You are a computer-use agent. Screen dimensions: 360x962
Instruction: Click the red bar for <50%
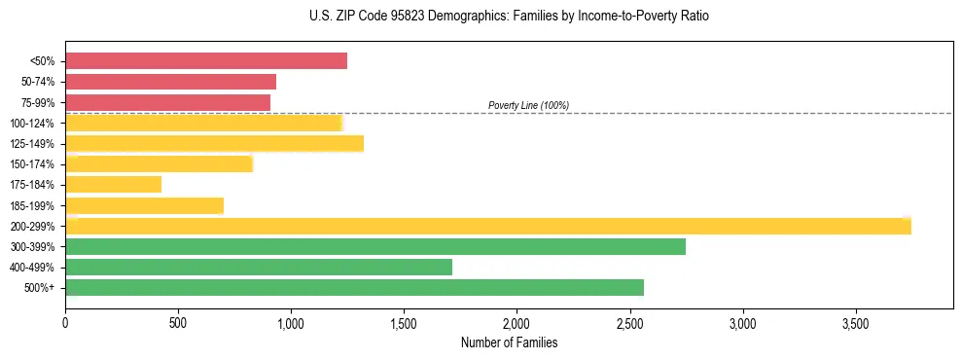pyautogui.click(x=205, y=61)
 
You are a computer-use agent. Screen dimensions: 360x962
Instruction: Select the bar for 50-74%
pyautogui.click(x=170, y=82)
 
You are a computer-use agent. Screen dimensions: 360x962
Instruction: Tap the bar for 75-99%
pyautogui.click(x=167, y=102)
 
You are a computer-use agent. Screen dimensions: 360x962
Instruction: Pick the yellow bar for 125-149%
pyautogui.click(x=214, y=144)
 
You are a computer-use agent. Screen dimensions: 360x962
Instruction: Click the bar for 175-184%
pyautogui.click(x=113, y=185)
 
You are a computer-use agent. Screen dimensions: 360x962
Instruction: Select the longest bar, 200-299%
pyautogui.click(x=487, y=227)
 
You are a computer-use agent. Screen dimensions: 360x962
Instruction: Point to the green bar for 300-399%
pyautogui.click(x=374, y=247)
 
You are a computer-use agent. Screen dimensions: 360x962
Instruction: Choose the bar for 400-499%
pyautogui.click(x=258, y=268)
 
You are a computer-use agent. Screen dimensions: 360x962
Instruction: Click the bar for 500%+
pyautogui.click(x=354, y=288)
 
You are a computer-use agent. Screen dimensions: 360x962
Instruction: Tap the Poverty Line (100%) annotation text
pyautogui.click(x=528, y=105)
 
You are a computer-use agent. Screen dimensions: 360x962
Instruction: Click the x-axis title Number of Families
pyautogui.click(x=509, y=342)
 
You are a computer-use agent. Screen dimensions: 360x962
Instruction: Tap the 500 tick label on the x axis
pyautogui.click(x=178, y=321)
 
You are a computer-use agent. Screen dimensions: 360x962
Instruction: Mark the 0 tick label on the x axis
pyautogui.click(x=65, y=321)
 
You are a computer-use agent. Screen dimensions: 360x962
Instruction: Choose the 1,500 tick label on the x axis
pyautogui.click(x=404, y=321)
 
